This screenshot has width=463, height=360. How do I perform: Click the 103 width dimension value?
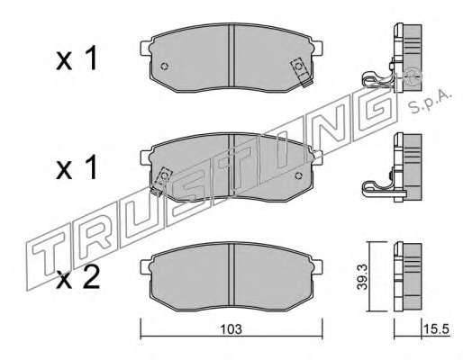click(231, 329)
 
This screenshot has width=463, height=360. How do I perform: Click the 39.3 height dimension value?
click(362, 277)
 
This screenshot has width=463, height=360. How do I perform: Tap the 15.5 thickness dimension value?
click(436, 329)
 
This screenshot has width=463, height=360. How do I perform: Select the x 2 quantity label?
click(78, 277)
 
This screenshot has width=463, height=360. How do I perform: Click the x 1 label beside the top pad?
click(77, 58)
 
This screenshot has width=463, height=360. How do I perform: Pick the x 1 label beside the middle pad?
click(77, 167)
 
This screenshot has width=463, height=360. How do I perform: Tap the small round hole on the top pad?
click(165, 66)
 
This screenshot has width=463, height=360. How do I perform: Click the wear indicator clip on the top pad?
click(301, 72)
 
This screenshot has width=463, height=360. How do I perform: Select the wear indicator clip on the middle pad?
click(160, 182)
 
